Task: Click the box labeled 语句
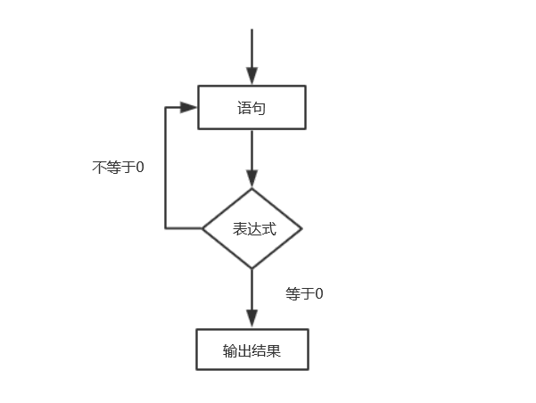coord(252,107)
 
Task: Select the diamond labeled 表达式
coord(252,228)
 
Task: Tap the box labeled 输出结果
coord(252,350)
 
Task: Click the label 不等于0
coord(118,167)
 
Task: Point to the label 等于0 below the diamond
coord(304,293)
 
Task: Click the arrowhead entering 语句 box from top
coord(252,78)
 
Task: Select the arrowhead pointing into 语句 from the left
coord(188,107)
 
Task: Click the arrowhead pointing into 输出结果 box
coord(252,320)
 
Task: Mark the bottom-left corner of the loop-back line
coord(166,228)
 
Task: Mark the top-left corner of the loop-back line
coord(166,107)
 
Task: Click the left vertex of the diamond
coord(202,228)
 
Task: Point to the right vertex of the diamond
coord(302,228)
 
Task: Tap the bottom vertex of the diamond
coord(252,268)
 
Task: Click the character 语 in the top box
coord(244,108)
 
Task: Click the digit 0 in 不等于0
coord(139,167)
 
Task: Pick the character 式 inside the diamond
coord(268,229)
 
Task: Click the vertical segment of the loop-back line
coord(166,169)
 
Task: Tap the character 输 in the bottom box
coord(230,350)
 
